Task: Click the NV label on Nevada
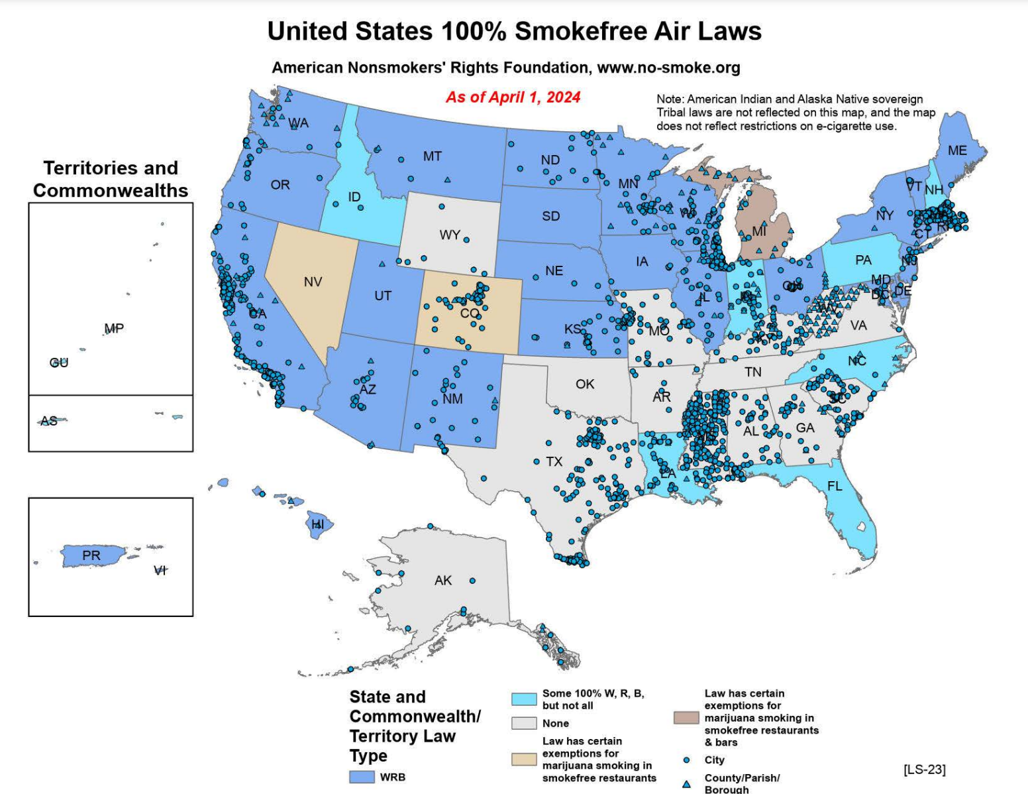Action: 313,282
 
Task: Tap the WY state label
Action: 450,235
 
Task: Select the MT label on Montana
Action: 433,156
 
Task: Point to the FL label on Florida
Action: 835,486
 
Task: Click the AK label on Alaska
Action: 443,581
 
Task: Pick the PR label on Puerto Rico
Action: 91,555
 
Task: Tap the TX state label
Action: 554,462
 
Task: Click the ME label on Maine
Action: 957,151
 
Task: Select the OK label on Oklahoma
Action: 585,384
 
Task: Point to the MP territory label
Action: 114,329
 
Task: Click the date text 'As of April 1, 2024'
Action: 513,97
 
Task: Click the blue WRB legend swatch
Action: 362,777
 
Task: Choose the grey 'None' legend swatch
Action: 524,723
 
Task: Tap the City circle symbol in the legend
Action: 686,760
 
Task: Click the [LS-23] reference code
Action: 924,769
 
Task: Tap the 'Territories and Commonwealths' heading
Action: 111,179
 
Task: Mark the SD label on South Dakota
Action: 550,217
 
